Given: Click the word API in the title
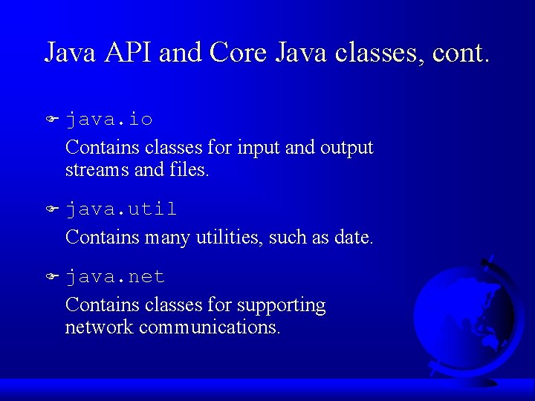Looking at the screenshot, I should click(x=129, y=52).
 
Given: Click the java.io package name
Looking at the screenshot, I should click(x=109, y=120).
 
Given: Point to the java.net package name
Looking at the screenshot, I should click(x=115, y=277).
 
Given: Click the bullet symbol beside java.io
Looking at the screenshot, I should click(x=52, y=119).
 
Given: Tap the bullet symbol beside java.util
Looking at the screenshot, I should click(x=52, y=209).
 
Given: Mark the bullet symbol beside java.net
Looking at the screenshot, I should click(x=52, y=276).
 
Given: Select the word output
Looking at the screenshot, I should click(x=347, y=148).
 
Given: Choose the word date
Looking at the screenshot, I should click(x=356, y=238).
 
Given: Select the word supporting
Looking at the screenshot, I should click(x=282, y=305).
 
